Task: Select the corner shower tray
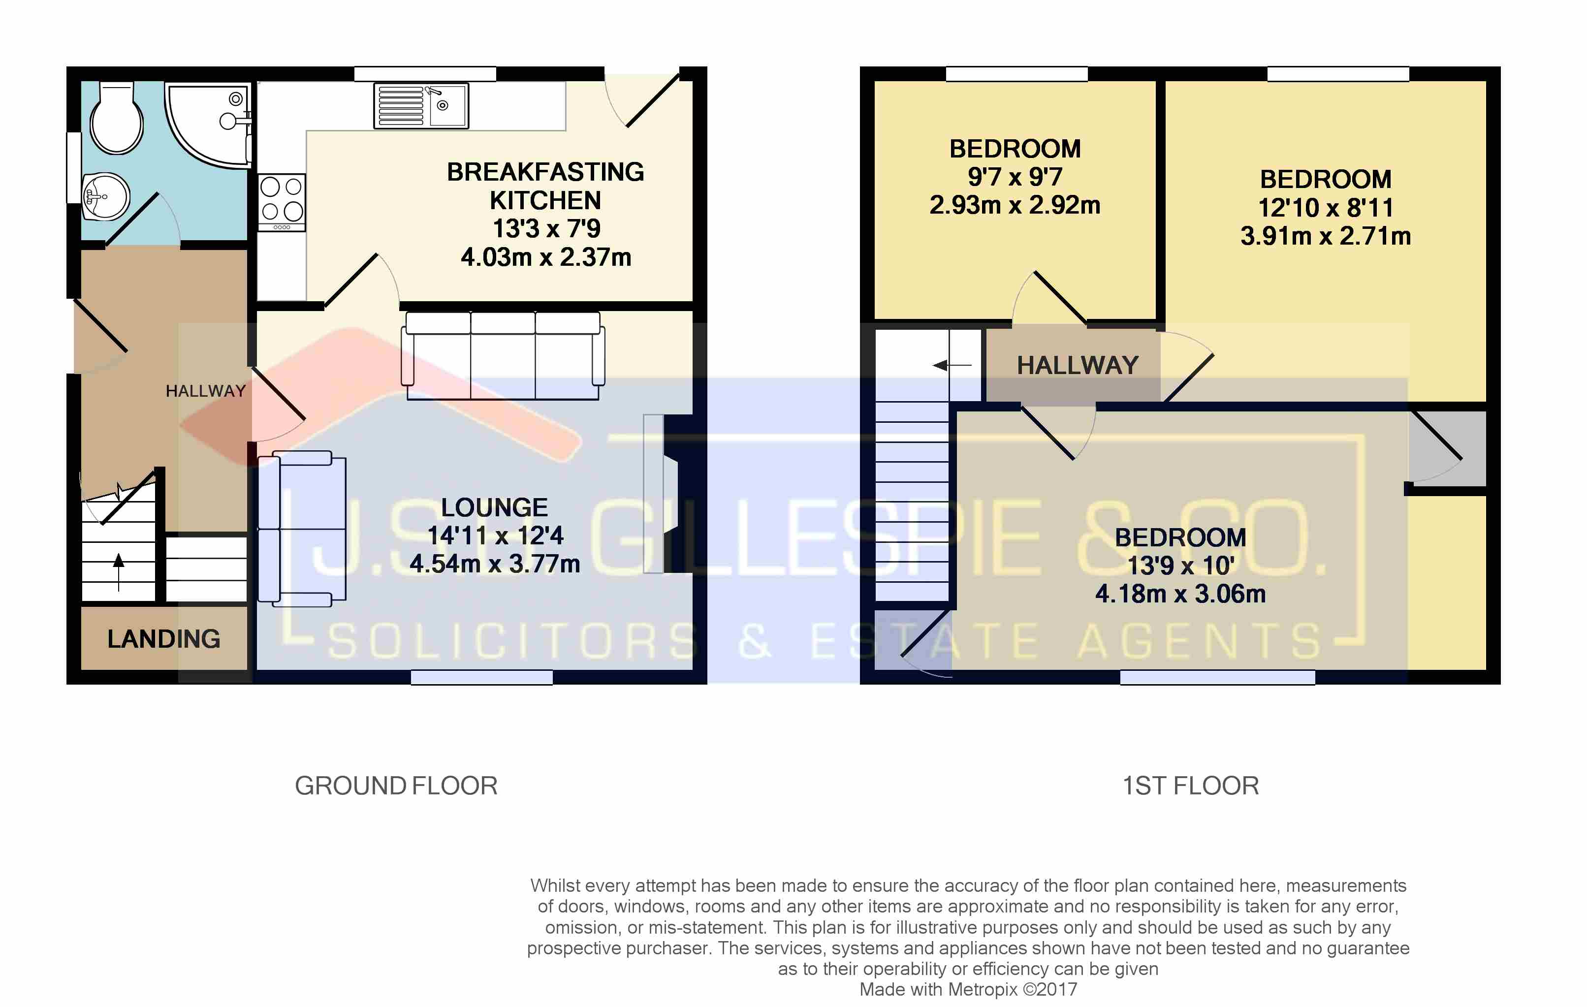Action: [x=208, y=125]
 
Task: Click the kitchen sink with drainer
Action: [x=421, y=105]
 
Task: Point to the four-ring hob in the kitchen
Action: [x=282, y=202]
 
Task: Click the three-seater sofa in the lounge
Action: [x=503, y=356]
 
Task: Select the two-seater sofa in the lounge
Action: [x=302, y=529]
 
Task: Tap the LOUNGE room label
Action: [x=494, y=507]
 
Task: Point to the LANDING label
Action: [x=164, y=638]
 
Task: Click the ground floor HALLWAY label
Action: [x=206, y=391]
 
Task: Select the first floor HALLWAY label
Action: [x=1078, y=365]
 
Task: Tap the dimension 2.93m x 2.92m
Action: [x=1015, y=205]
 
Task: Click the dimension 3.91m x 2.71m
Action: [x=1325, y=236]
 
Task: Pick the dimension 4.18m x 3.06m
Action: [x=1180, y=594]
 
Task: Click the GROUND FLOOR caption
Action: [x=396, y=786]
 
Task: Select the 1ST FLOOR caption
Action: [x=1190, y=786]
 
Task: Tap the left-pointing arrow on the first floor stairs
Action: [x=952, y=365]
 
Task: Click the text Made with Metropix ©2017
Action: [x=968, y=989]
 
